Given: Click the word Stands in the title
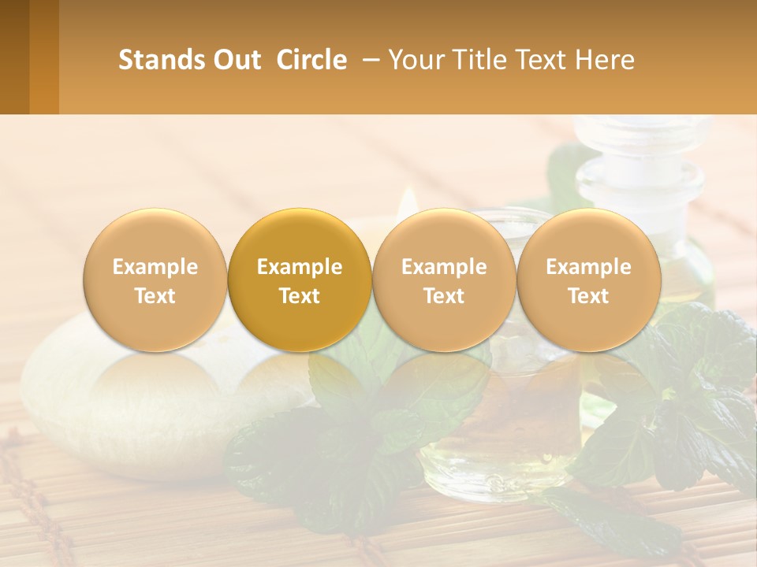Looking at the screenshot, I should (162, 60).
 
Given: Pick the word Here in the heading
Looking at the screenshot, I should (606, 60).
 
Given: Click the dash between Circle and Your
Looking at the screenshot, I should (368, 60).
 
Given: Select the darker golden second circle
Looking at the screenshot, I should (300, 280).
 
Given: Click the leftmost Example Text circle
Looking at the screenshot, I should (155, 280).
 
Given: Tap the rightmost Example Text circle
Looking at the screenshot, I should (589, 280).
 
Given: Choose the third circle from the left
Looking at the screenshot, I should (444, 280).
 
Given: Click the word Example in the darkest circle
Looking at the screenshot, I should (300, 267).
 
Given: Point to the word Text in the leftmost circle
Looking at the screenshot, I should (155, 296).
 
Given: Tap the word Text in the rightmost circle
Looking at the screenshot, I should (589, 296).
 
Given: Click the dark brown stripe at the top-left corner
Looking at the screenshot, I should (14, 57).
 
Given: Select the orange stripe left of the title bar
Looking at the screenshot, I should (44, 57).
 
